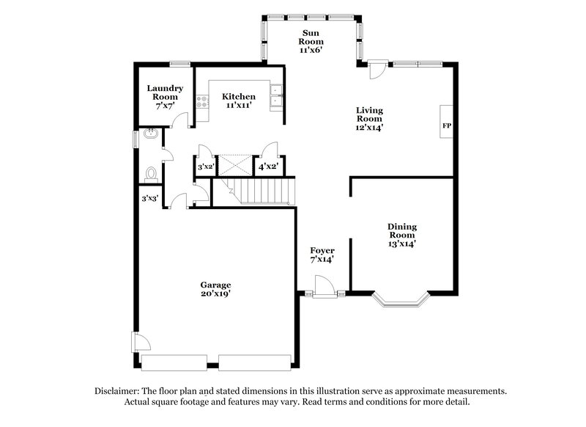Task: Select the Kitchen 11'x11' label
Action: (x=239, y=101)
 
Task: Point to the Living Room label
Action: (x=369, y=119)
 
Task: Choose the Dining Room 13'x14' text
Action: (x=402, y=235)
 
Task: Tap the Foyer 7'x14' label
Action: (x=322, y=255)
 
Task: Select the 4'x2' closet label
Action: (x=269, y=167)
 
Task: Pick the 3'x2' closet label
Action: (x=206, y=167)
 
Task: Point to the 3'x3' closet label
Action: (x=149, y=197)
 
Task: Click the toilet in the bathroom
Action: (x=151, y=174)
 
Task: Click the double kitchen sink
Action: (x=277, y=98)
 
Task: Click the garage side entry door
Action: (x=140, y=343)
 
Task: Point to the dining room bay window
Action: (x=401, y=299)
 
